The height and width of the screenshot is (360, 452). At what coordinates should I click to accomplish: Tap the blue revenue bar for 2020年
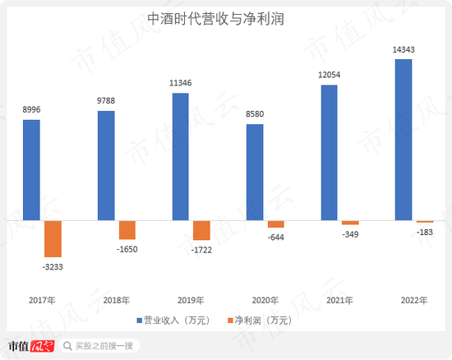pyautogui.click(x=255, y=172)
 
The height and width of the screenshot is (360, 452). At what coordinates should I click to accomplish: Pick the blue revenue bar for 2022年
pyautogui.click(x=404, y=140)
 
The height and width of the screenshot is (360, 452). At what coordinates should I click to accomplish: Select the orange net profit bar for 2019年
pyautogui.click(x=201, y=230)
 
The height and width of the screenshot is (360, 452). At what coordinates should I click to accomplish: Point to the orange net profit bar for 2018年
pyautogui.click(x=127, y=230)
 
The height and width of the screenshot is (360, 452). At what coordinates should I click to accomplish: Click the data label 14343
pyautogui.click(x=404, y=50)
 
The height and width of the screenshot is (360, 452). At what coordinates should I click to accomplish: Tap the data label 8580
pyautogui.click(x=255, y=116)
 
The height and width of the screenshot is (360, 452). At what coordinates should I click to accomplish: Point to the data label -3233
pyautogui.click(x=53, y=265)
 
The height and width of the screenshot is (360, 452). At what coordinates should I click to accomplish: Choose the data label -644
pyautogui.click(x=276, y=237)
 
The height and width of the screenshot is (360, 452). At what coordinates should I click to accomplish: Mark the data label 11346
pyautogui.click(x=180, y=84)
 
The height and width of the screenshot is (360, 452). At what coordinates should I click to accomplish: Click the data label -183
pyautogui.click(x=425, y=232)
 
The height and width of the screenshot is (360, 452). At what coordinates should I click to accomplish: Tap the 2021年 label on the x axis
pyautogui.click(x=339, y=300)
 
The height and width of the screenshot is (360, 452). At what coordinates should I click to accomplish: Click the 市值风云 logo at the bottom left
pyautogui.click(x=30, y=345)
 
